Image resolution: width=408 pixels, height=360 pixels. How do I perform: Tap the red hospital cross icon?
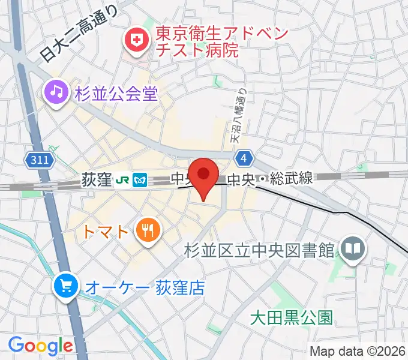point(136,41)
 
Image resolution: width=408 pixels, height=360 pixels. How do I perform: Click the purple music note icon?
point(55,92)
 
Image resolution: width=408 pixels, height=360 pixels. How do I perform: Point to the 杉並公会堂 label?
point(116,93)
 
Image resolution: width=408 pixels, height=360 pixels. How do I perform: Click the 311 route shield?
point(40,160)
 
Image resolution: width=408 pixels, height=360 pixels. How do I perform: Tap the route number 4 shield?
point(242,157)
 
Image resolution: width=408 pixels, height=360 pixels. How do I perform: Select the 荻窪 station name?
point(96,179)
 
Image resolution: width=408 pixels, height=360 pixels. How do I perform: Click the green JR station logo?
point(122,179)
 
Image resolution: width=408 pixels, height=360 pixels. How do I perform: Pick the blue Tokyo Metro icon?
point(140,179)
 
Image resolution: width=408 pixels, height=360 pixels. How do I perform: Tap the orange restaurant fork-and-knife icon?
point(146,230)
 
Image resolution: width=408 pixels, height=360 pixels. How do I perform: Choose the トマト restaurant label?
point(106,230)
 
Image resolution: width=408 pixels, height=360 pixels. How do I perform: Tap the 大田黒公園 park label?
point(291,317)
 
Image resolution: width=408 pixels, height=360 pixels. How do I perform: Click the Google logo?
point(40,345)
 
